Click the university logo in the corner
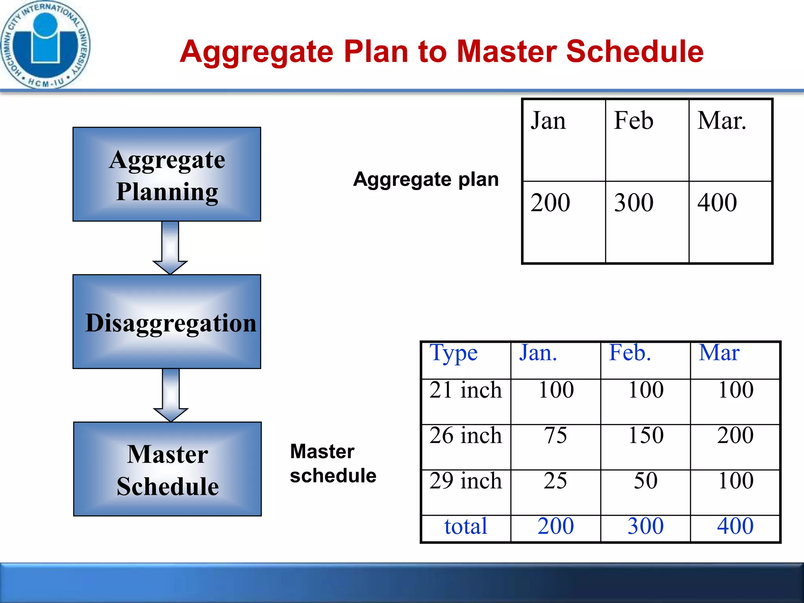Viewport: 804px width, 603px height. pos(45,44)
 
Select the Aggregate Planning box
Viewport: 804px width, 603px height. pos(167,174)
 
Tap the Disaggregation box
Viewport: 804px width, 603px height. pos(167,322)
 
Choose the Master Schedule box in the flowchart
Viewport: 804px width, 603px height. pos(168,469)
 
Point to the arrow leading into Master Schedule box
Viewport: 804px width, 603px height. pos(171,395)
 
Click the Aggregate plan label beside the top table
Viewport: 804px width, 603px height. pos(426,179)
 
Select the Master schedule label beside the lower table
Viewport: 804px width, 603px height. pos(333,464)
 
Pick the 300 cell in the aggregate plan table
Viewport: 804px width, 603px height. pos(634,203)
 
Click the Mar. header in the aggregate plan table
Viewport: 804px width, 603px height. pos(722,121)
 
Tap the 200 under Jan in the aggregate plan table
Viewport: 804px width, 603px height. pos(550,203)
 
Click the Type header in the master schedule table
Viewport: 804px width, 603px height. pos(453,353)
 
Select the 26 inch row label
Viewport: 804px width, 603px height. pos(466,435)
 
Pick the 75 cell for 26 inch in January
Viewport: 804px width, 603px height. pos(555,435)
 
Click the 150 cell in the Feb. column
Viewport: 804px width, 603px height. pos(646,435)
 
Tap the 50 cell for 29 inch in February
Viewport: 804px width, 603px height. pos(646,481)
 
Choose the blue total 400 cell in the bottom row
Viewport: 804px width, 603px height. pos(735,526)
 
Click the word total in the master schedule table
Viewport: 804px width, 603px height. pos(466,526)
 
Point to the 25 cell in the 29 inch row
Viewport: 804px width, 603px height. pos(555,481)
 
